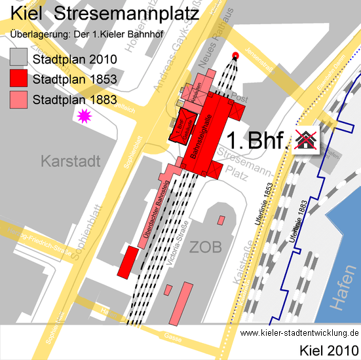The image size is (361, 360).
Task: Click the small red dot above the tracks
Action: pyautogui.click(x=236, y=56)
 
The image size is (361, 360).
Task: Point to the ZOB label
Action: pyautogui.click(x=206, y=246)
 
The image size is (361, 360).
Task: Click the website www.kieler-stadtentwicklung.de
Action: pyautogui.click(x=299, y=333)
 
